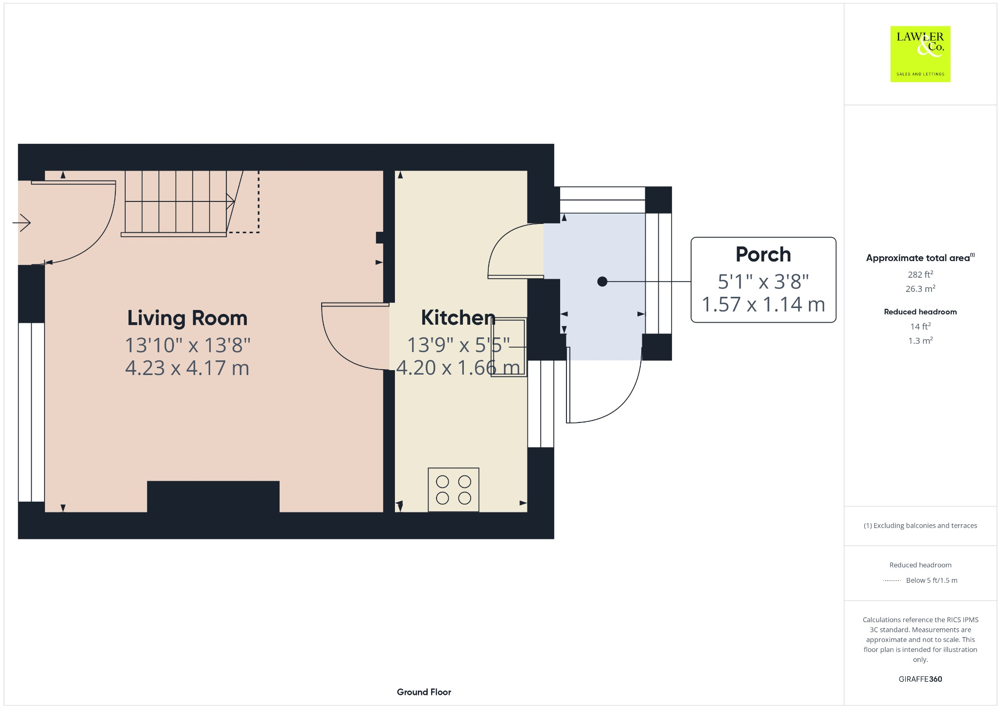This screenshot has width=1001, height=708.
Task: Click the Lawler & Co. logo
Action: tap(920, 54)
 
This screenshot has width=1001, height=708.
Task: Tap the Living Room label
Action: tap(187, 318)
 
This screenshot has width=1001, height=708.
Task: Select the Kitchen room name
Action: tap(458, 318)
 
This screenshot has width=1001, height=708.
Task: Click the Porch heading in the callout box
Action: tap(763, 254)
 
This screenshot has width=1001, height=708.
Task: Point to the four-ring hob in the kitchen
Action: tap(453, 490)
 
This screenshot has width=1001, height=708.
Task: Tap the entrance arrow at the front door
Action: tap(22, 223)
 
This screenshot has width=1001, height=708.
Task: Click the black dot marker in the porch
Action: tap(602, 282)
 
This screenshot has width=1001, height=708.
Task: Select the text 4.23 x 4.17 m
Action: tap(187, 368)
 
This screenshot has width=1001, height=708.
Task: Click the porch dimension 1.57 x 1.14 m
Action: tap(763, 305)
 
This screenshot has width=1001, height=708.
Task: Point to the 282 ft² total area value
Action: tap(920, 274)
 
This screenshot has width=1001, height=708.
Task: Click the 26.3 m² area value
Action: tap(920, 289)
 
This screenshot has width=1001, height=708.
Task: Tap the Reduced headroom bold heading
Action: tap(920, 312)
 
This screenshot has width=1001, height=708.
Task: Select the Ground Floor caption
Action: tap(424, 692)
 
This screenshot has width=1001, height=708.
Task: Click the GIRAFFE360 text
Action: tap(920, 679)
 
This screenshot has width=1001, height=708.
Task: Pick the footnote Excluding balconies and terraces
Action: tap(920, 526)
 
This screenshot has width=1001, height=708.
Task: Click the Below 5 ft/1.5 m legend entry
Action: tap(931, 580)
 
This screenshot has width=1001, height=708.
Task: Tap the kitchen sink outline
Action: tap(509, 347)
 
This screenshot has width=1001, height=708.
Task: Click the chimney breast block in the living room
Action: tap(213, 496)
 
